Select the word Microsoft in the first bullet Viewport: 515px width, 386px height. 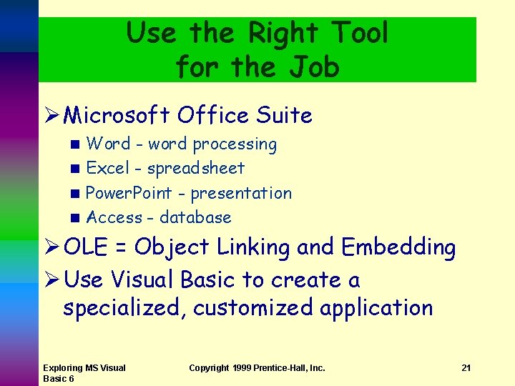[x=117, y=115]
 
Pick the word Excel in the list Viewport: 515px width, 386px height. [x=108, y=169]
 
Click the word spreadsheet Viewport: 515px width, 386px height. [x=196, y=169]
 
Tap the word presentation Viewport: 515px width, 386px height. [x=241, y=193]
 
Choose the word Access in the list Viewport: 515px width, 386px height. [x=114, y=217]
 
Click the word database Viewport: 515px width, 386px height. [x=195, y=217]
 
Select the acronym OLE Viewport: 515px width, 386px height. [x=85, y=247]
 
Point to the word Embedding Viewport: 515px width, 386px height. [x=398, y=247]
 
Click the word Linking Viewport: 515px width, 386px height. [x=254, y=247]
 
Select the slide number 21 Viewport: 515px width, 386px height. [x=466, y=368]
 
